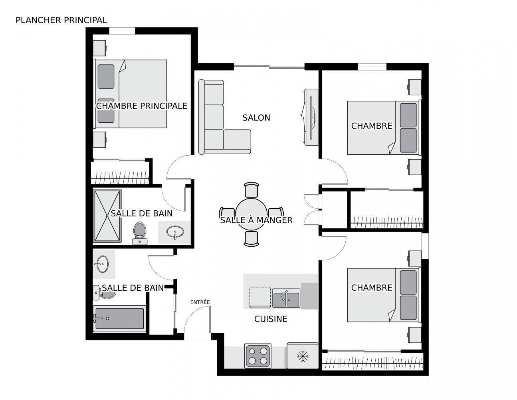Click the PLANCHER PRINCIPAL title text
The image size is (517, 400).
61,20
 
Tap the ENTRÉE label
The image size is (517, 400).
200,302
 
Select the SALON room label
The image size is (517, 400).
256,118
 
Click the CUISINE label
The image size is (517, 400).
271,319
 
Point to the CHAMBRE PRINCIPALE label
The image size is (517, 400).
142,106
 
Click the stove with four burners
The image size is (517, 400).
258,356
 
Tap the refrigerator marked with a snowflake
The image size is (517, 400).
303,355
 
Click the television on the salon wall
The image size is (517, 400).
311,117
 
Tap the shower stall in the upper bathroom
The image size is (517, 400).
107,216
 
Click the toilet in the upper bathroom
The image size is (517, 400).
139,233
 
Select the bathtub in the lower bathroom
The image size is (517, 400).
119,318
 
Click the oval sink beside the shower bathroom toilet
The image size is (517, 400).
175,232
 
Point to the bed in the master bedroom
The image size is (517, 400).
132,94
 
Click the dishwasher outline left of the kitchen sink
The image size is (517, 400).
260,297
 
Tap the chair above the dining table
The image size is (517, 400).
252,190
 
